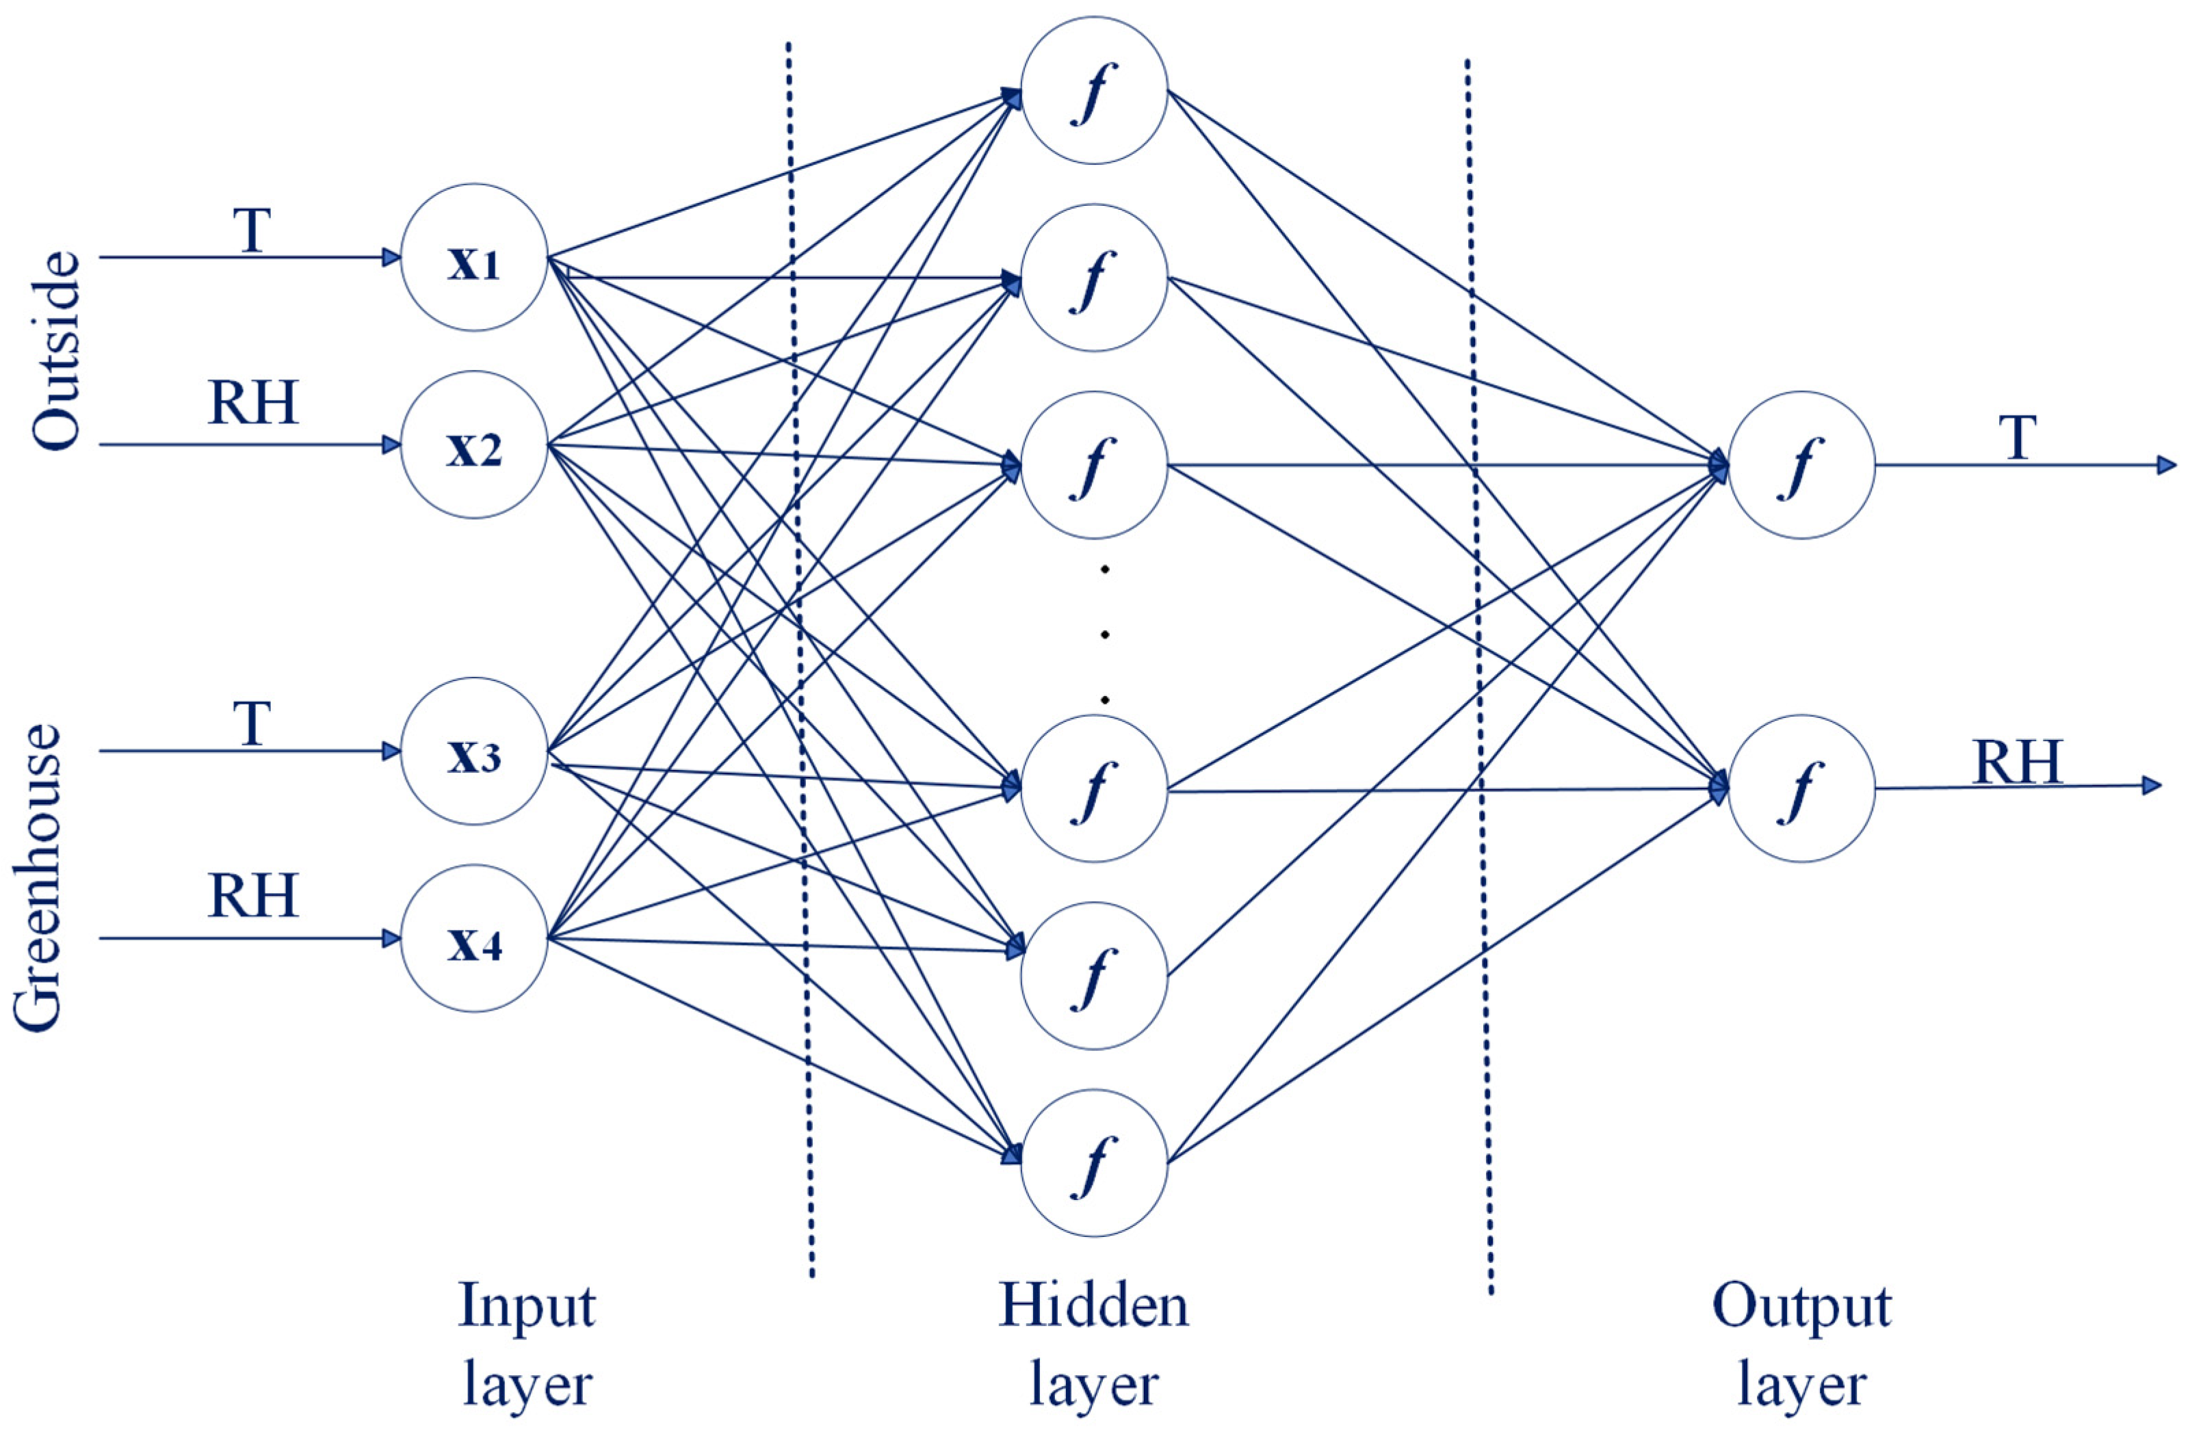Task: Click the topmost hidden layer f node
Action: [x=1094, y=91]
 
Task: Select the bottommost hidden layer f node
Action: [x=1094, y=1163]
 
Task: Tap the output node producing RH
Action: [x=1801, y=788]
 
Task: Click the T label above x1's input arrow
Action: [x=252, y=230]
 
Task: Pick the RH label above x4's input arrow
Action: [x=252, y=896]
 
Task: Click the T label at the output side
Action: [x=2019, y=438]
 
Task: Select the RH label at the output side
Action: [x=2018, y=762]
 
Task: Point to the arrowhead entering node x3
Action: [x=391, y=751]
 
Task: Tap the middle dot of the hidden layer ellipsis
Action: [x=1104, y=635]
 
